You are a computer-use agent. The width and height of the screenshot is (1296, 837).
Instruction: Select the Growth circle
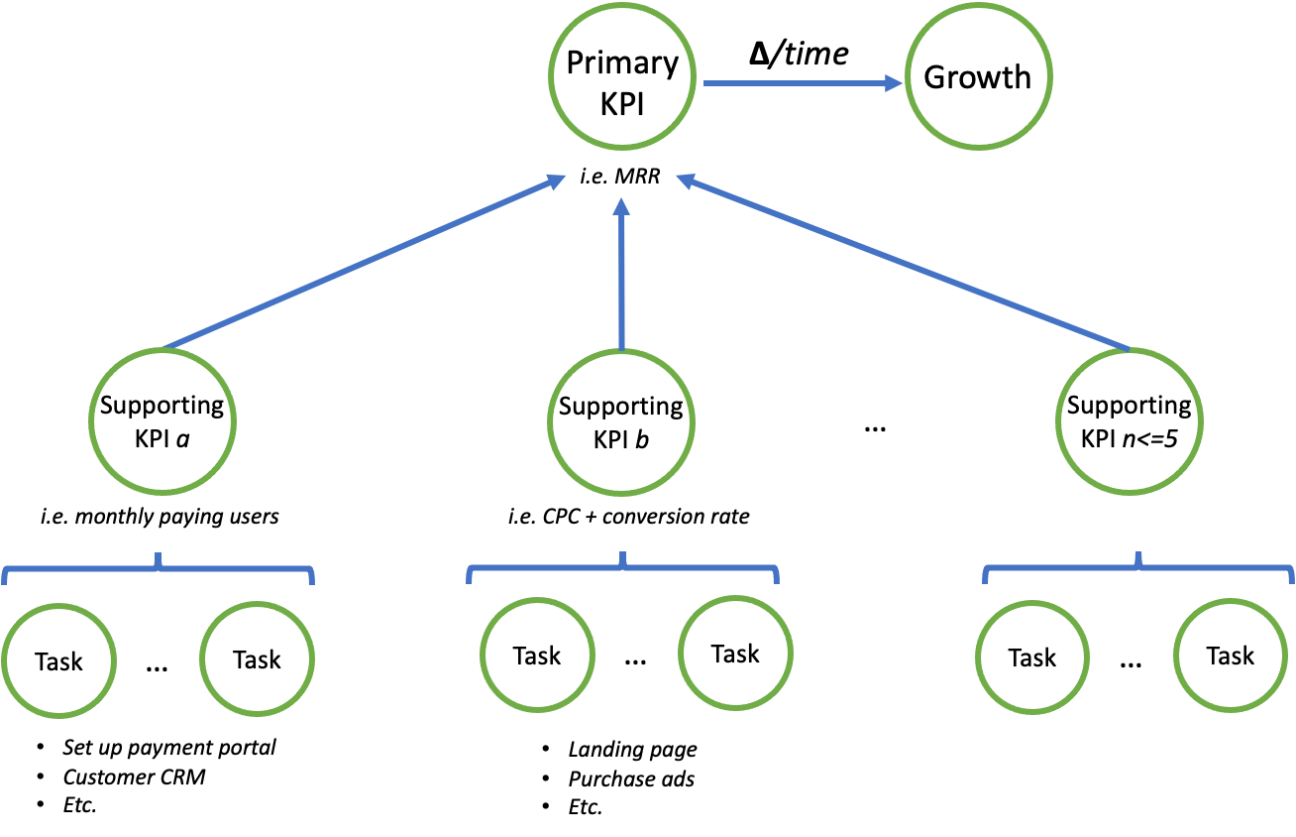pyautogui.click(x=977, y=78)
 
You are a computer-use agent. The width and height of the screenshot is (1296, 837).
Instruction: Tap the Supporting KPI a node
pyautogui.click(x=162, y=420)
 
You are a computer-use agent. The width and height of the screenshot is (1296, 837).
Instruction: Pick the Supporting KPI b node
pyautogui.click(x=621, y=421)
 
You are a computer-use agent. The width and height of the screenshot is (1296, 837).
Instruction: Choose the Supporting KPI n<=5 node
pyautogui.click(x=1129, y=420)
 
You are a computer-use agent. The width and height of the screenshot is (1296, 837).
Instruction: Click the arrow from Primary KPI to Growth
pyautogui.click(x=803, y=84)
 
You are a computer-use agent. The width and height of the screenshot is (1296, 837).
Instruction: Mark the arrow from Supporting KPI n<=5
pyautogui.click(x=902, y=264)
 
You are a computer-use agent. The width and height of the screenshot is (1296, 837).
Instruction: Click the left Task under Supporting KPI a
pyautogui.click(x=58, y=660)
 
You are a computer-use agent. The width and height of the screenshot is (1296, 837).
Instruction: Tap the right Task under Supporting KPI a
pyautogui.click(x=257, y=659)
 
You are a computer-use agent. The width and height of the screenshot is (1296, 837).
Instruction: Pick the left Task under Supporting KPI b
pyautogui.click(x=537, y=656)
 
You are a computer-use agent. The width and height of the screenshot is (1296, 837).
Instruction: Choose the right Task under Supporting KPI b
pyautogui.click(x=735, y=654)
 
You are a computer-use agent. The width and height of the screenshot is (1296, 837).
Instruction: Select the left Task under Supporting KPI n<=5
pyautogui.click(x=1031, y=658)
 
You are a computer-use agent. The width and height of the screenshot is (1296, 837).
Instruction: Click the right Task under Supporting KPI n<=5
pyautogui.click(x=1230, y=656)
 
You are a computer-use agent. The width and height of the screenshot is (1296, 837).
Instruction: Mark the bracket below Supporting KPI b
pyautogui.click(x=622, y=569)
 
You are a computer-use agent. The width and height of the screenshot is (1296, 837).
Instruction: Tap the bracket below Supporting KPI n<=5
pyautogui.click(x=1137, y=569)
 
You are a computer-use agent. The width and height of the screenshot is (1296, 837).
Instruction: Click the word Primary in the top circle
pyautogui.click(x=622, y=63)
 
